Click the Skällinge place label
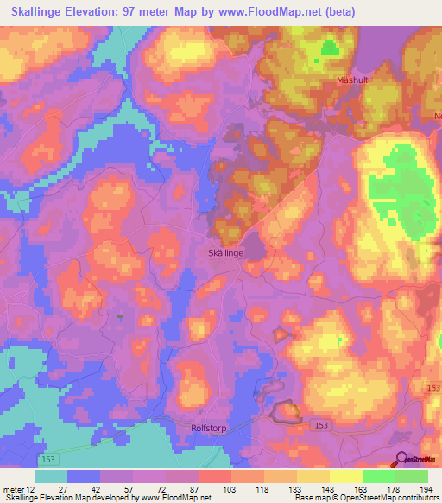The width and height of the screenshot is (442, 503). pos(226,253)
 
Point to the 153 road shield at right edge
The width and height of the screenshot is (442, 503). pos(434,392)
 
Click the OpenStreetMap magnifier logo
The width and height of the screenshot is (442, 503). pos(401,461)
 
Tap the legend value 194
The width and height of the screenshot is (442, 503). pos(426,490)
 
